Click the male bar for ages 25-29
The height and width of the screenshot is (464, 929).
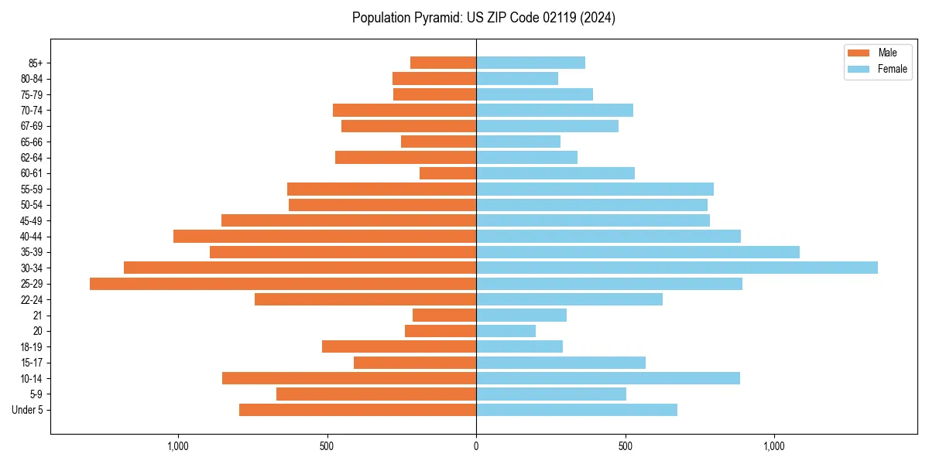[x=283, y=284]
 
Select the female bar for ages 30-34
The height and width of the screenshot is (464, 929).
[x=677, y=268]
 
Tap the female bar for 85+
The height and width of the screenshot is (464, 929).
[x=530, y=63]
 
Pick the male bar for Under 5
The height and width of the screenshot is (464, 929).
[x=358, y=410]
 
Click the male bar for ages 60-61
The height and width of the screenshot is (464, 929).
[x=447, y=173]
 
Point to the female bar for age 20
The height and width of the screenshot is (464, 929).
[x=506, y=331]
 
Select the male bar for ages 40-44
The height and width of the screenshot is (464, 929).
[x=324, y=236]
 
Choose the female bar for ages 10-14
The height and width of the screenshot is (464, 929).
[x=608, y=378]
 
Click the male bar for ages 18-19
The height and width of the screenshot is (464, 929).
[x=399, y=346]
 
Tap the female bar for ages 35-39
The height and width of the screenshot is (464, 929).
[x=638, y=252]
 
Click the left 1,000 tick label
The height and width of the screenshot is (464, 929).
[x=178, y=446]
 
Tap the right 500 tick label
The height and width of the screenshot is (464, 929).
[x=626, y=446]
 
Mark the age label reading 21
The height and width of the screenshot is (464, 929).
[x=38, y=316]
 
